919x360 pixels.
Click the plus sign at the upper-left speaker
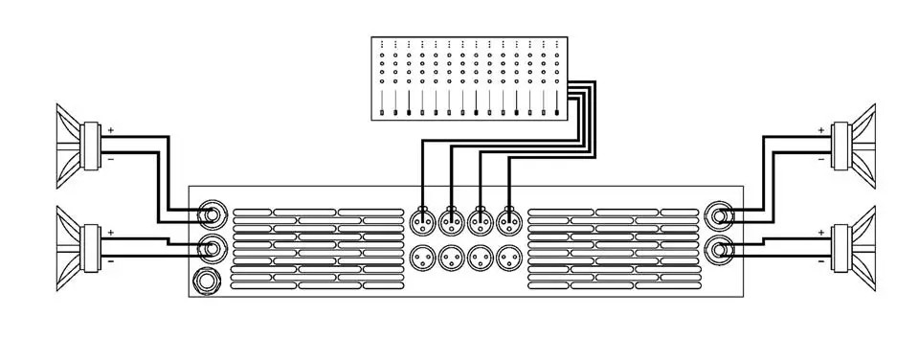pyautogui.click(x=110, y=129)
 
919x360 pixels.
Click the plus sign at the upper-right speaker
pyautogui.click(x=820, y=129)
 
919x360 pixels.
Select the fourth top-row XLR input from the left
pyautogui.click(x=507, y=221)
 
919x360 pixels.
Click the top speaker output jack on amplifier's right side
pyautogui.click(x=719, y=216)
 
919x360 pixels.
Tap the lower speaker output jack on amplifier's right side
pyautogui.click(x=719, y=251)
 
